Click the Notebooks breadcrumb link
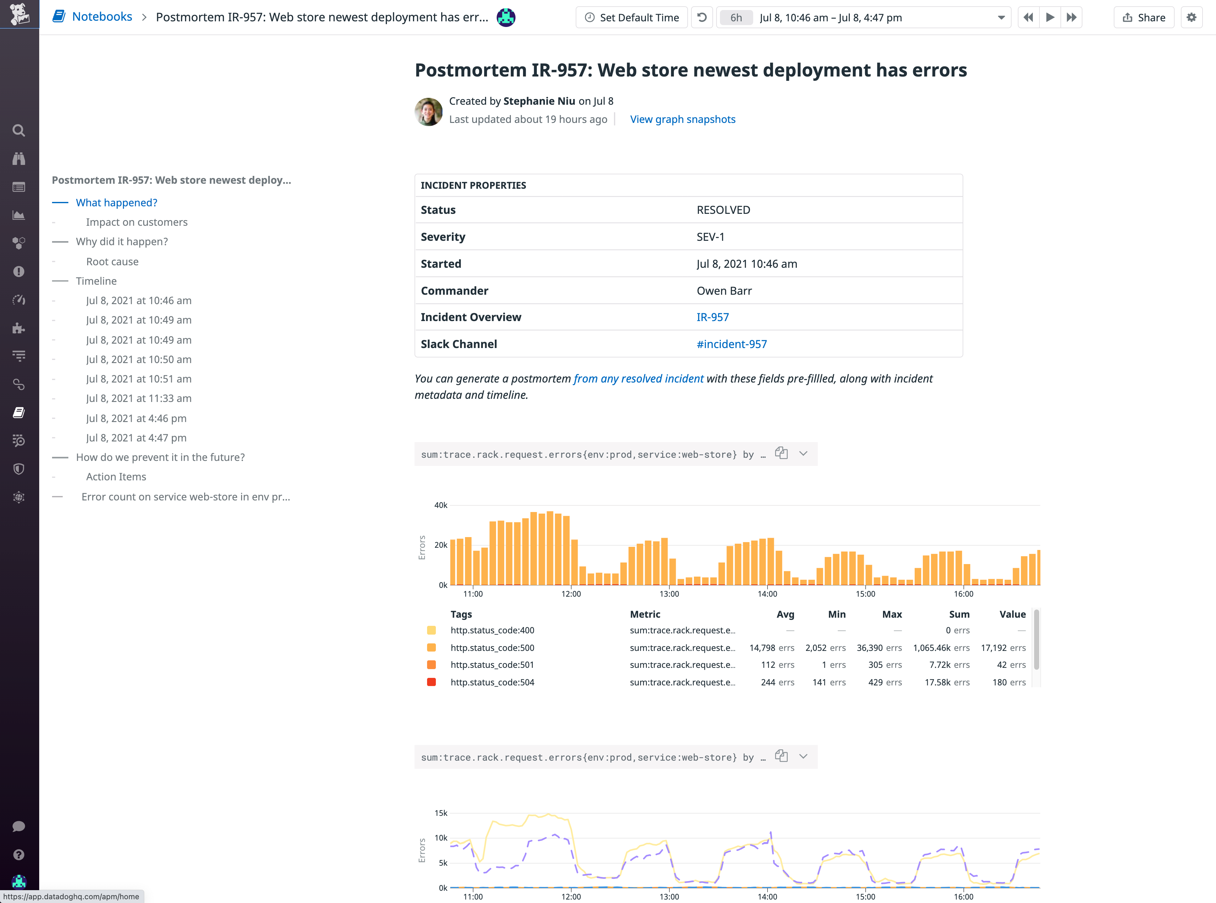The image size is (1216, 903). (102, 17)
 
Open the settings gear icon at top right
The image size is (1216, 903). (1192, 18)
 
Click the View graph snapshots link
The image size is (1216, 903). (683, 119)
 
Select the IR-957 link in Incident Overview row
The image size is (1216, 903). (712, 317)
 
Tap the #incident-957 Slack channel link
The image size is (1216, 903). (731, 344)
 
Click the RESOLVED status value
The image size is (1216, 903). (723, 210)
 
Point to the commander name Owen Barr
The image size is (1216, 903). (724, 291)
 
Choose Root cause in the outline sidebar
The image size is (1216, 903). (112, 261)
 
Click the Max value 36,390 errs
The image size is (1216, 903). (879, 648)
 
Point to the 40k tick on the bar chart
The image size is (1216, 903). (441, 505)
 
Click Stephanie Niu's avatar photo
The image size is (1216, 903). (428, 112)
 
